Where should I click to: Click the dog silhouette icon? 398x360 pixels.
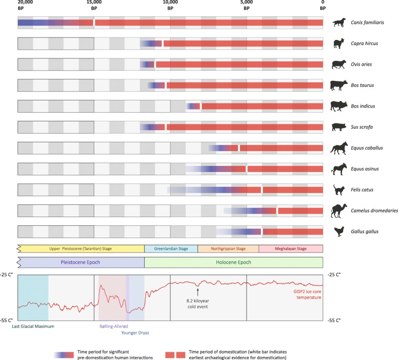point(339,23)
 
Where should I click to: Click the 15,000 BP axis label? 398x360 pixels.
point(94,6)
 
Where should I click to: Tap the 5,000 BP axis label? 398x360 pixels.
point(247,6)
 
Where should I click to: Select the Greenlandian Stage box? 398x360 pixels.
point(171,249)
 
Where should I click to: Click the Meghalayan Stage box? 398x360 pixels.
point(291,249)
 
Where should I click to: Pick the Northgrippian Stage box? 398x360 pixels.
point(228,249)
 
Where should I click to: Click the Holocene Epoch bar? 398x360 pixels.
point(234,262)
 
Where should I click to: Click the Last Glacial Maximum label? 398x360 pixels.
point(33,326)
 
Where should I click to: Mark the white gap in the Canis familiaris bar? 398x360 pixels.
point(94,23)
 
